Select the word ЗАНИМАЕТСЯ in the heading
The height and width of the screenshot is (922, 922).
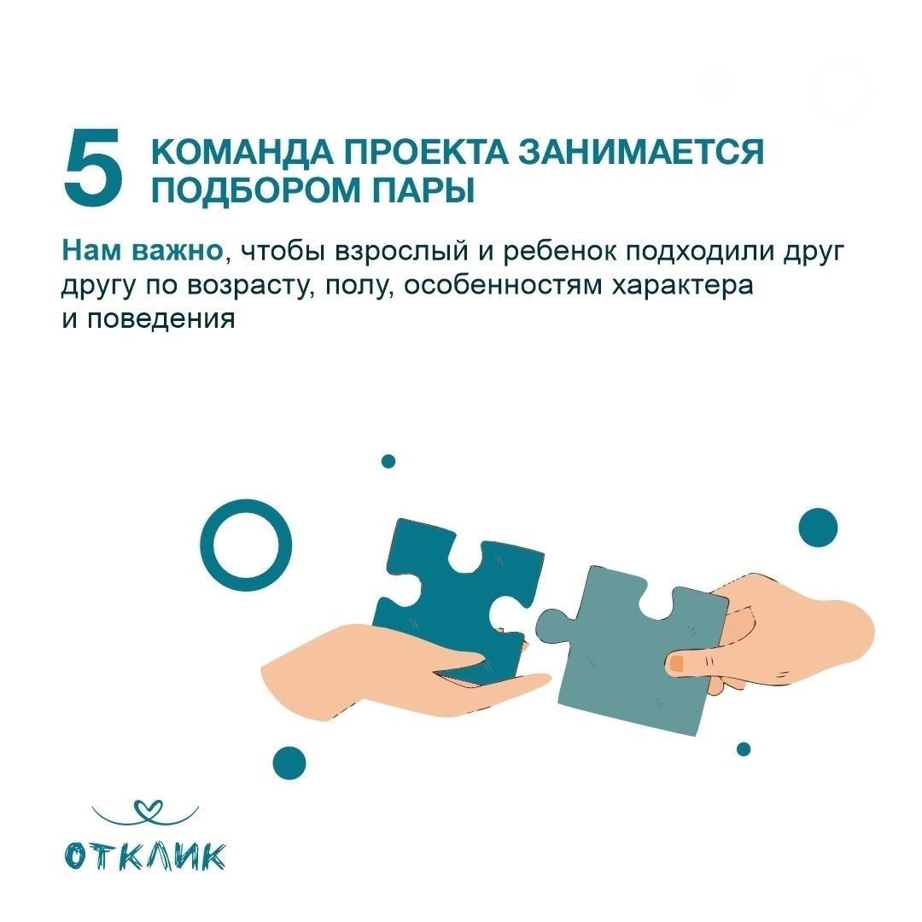pyautogui.click(x=641, y=152)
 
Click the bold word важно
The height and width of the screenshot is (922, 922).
pyautogui.click(x=177, y=251)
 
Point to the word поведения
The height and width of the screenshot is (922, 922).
pyautogui.click(x=161, y=320)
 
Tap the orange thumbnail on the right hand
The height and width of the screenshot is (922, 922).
pyautogui.click(x=676, y=664)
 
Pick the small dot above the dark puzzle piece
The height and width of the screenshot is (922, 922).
pyautogui.click(x=388, y=462)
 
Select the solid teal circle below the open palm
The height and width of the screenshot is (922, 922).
pyautogui.click(x=289, y=763)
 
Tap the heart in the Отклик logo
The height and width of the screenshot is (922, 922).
pyautogui.click(x=145, y=808)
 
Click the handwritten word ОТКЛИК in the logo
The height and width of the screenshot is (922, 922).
pyautogui.click(x=145, y=855)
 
